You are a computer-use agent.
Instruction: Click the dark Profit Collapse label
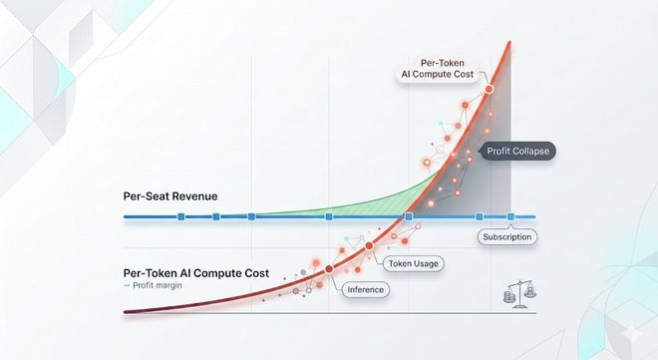(517, 151)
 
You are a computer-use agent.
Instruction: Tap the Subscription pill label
(506, 237)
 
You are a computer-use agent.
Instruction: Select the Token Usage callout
(414, 264)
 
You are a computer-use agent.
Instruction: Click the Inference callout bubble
(366, 290)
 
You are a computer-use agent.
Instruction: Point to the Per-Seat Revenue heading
(170, 196)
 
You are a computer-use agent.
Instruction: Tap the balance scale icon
(520, 294)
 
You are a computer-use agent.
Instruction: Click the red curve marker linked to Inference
(329, 269)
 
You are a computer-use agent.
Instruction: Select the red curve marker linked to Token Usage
(369, 246)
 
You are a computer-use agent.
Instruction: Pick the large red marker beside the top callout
(489, 89)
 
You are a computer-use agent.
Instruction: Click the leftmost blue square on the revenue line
(180, 216)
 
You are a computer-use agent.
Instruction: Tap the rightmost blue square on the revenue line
(510, 216)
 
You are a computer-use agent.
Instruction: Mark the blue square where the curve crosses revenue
(409, 216)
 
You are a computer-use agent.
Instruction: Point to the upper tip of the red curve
(509, 42)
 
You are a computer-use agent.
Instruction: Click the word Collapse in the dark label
(532, 151)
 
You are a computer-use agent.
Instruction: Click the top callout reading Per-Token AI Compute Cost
(438, 69)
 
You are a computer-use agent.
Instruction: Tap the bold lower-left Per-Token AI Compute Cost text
(196, 273)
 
